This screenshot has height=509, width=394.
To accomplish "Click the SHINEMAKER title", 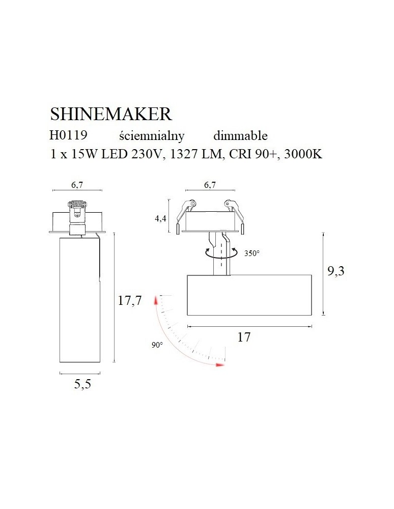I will [110, 114].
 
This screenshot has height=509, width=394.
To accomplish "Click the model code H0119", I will [68, 136].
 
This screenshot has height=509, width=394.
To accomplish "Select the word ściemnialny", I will [151, 136].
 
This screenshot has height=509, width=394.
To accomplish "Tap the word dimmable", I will [240, 136].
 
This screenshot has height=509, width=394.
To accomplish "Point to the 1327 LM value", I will [196, 155].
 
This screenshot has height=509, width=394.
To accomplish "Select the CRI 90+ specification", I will [251, 155].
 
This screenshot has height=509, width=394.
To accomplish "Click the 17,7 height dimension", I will [129, 301].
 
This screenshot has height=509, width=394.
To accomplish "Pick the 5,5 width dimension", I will [82, 384].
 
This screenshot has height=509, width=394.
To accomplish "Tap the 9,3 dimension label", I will [335, 271].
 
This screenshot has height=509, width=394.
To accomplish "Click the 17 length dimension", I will [244, 337].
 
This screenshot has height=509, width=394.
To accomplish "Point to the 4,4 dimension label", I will [160, 219].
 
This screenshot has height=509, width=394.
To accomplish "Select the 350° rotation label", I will [251, 252].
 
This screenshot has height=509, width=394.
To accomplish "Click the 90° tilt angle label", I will [157, 345].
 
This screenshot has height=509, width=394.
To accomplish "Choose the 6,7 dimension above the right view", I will [210, 185].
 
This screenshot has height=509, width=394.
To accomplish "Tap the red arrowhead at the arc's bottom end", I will [220, 364].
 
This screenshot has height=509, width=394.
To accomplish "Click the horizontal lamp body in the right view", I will [249, 295].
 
